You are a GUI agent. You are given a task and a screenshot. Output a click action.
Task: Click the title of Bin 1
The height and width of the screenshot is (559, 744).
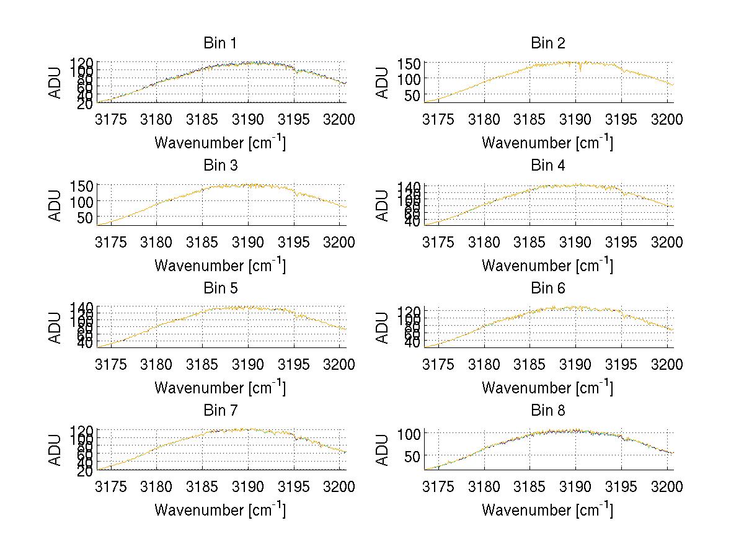coord(220,43)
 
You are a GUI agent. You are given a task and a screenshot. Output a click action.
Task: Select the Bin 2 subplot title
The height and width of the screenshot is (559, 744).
coord(547,43)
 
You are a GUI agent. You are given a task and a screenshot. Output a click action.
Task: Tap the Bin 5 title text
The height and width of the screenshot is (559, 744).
coord(220,288)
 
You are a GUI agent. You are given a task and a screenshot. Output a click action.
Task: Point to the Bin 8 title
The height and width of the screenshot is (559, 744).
coord(547,411)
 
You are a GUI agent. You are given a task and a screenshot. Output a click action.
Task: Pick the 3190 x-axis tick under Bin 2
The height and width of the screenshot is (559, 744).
coord(576,120)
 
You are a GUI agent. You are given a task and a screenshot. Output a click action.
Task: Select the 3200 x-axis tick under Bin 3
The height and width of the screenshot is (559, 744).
coord(340,242)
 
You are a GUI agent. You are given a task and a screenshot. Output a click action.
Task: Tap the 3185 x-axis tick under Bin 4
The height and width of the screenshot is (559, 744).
coord(530,242)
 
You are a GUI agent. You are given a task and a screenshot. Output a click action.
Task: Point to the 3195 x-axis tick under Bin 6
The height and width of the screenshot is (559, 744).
coord(621,364)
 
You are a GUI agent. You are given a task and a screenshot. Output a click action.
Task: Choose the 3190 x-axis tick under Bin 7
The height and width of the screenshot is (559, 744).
coord(249,487)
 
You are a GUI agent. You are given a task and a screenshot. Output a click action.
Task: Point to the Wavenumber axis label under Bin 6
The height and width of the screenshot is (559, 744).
coord(547,388)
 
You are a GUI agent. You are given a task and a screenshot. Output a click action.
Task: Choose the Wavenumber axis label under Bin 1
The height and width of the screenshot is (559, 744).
coord(220,143)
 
